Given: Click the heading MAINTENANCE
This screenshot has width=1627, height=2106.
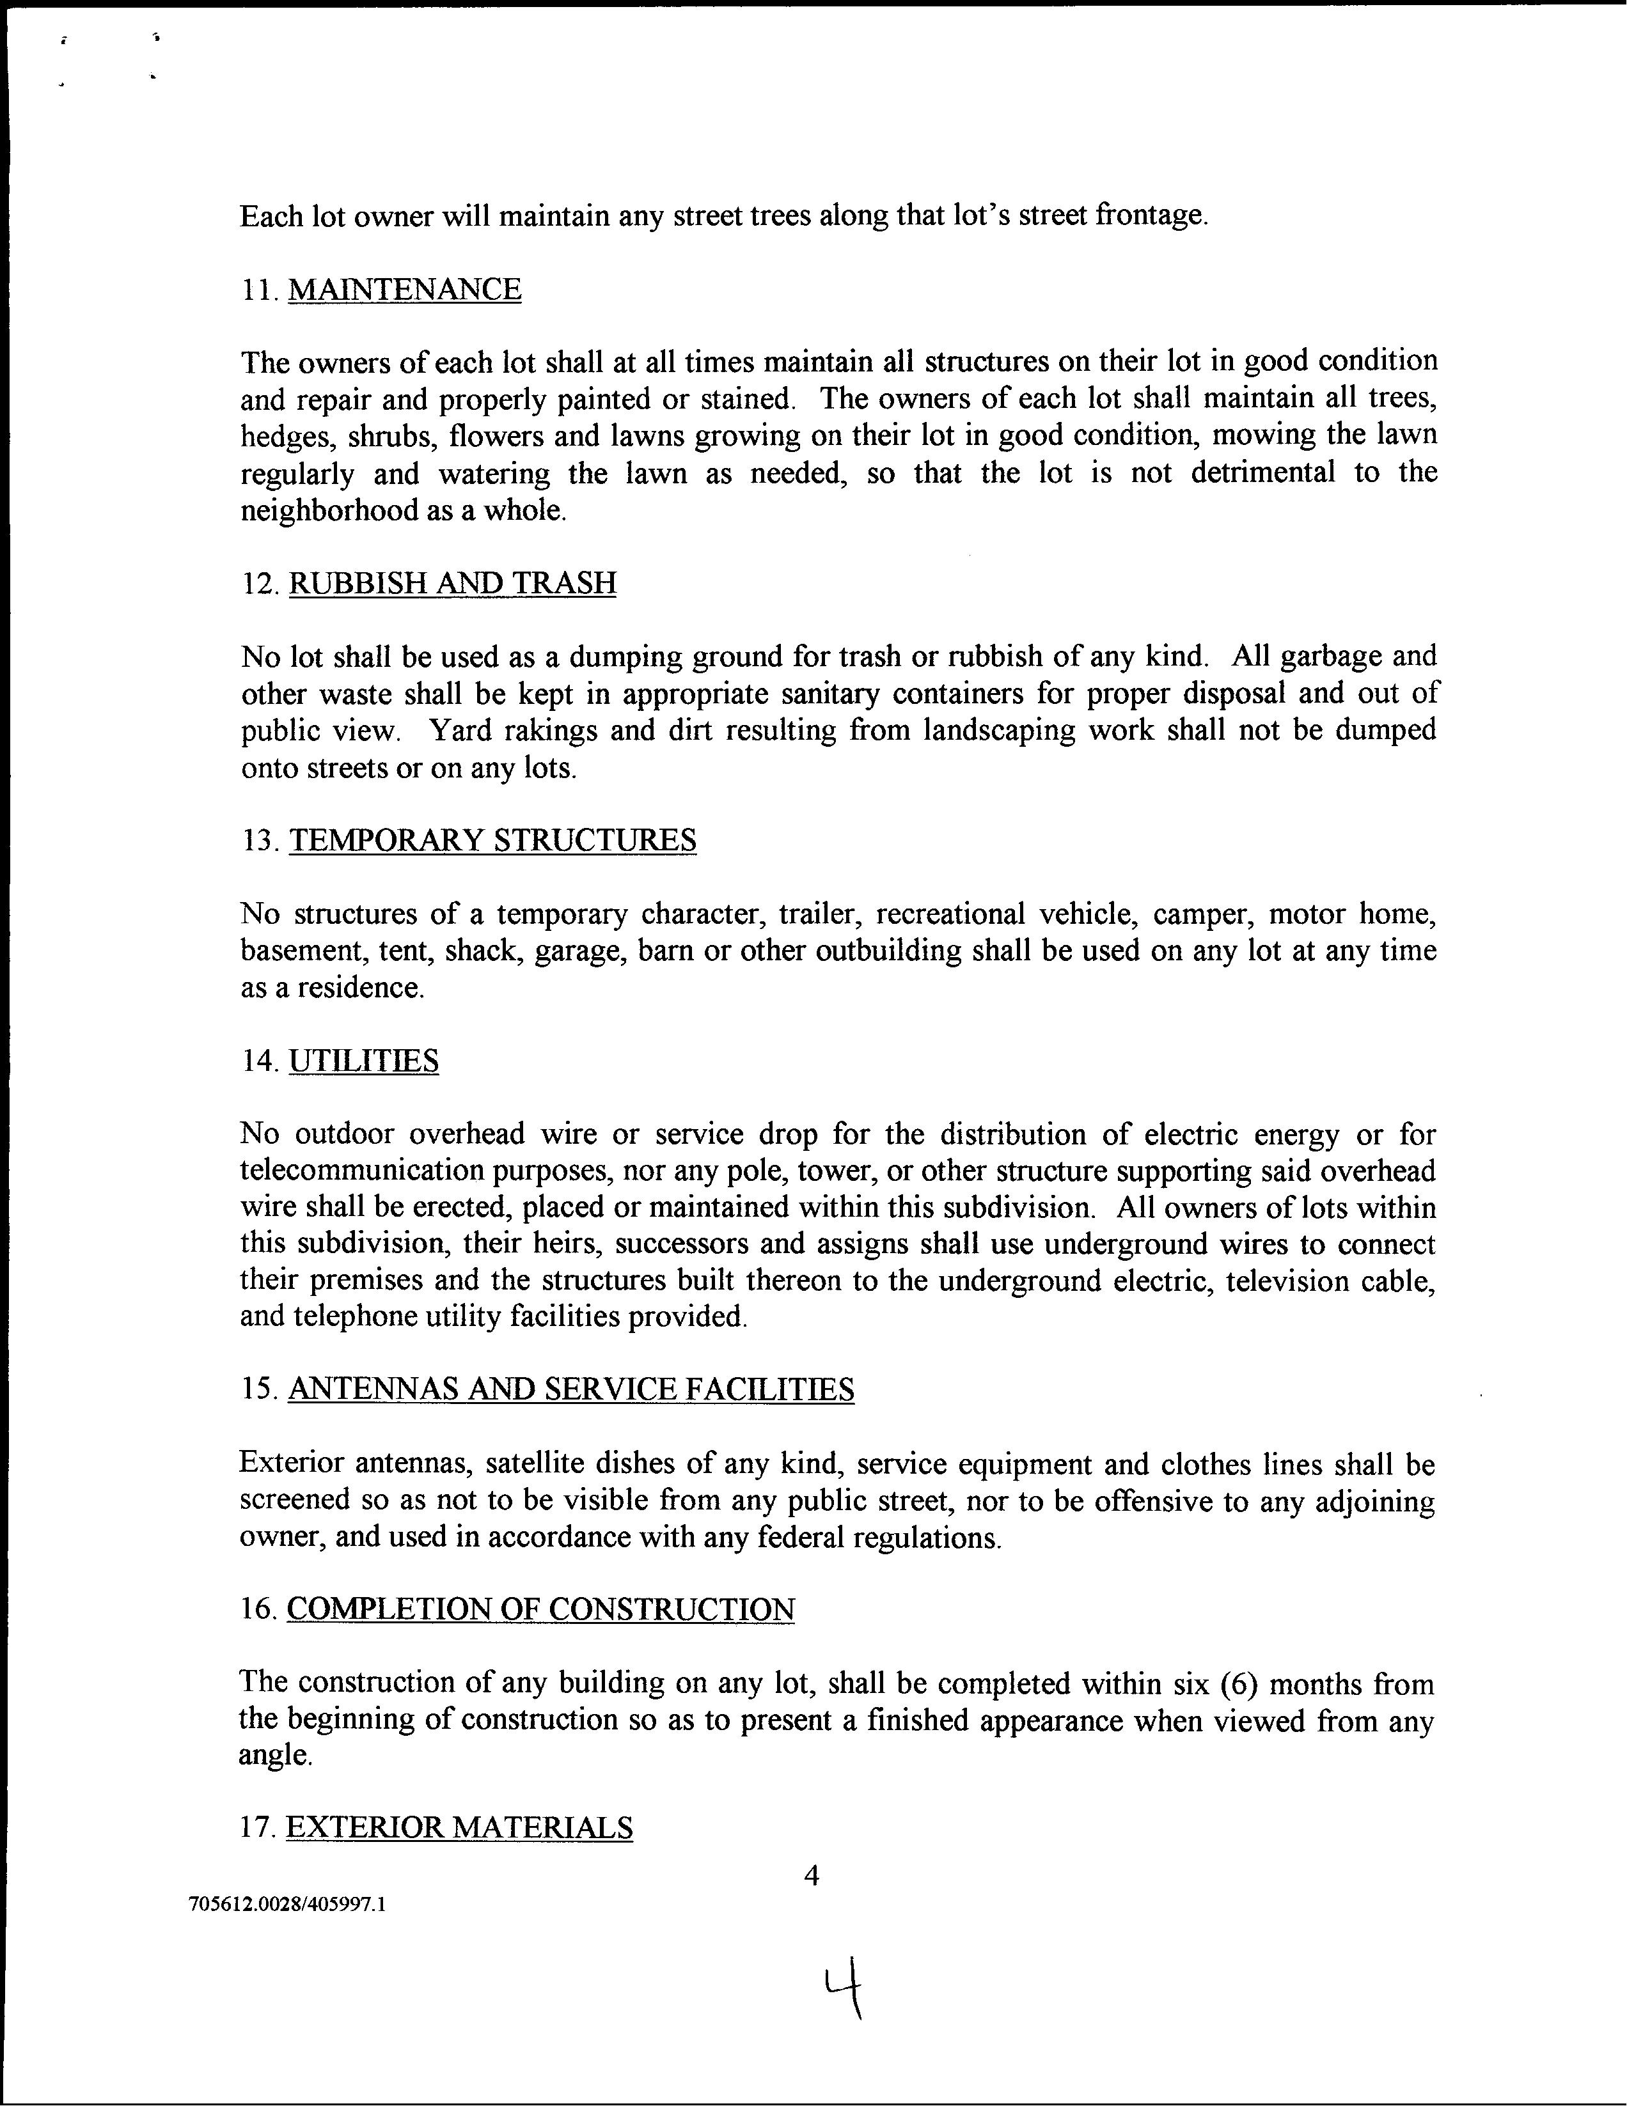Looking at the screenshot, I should [404, 289].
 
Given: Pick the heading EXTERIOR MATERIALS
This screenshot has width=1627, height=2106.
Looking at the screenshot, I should [459, 1827].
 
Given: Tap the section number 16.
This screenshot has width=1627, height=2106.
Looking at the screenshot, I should [258, 1609].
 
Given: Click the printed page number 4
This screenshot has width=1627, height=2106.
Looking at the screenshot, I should [811, 1876].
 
